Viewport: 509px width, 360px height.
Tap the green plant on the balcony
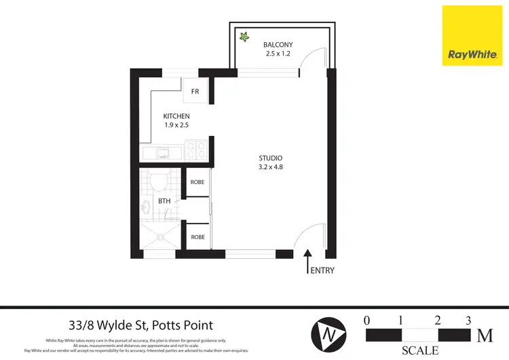click(242, 37)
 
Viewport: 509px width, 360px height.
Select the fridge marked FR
click(195, 91)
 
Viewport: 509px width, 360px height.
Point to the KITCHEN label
click(176, 116)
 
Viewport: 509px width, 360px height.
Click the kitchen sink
click(163, 153)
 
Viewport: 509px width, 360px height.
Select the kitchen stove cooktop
click(196, 149)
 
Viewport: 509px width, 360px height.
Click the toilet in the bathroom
click(158, 182)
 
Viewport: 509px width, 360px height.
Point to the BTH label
click(164, 201)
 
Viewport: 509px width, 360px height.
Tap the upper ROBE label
click(197, 183)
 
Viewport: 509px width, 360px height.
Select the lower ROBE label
click(197, 237)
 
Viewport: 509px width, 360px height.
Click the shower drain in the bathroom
click(161, 237)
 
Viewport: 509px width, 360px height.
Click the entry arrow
click(307, 260)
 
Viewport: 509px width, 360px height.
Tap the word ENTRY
click(322, 270)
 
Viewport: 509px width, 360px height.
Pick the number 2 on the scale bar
click(438, 320)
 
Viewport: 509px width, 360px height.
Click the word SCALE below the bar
click(419, 351)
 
